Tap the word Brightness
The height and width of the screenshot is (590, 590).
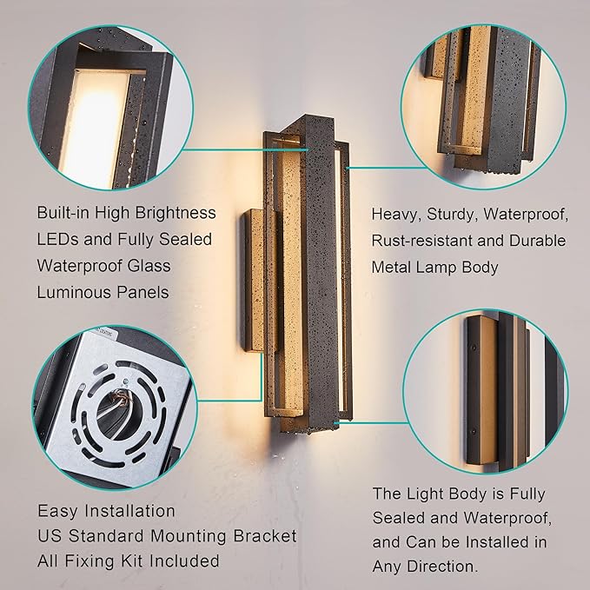(172, 213)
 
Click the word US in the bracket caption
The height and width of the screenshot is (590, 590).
(49, 536)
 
